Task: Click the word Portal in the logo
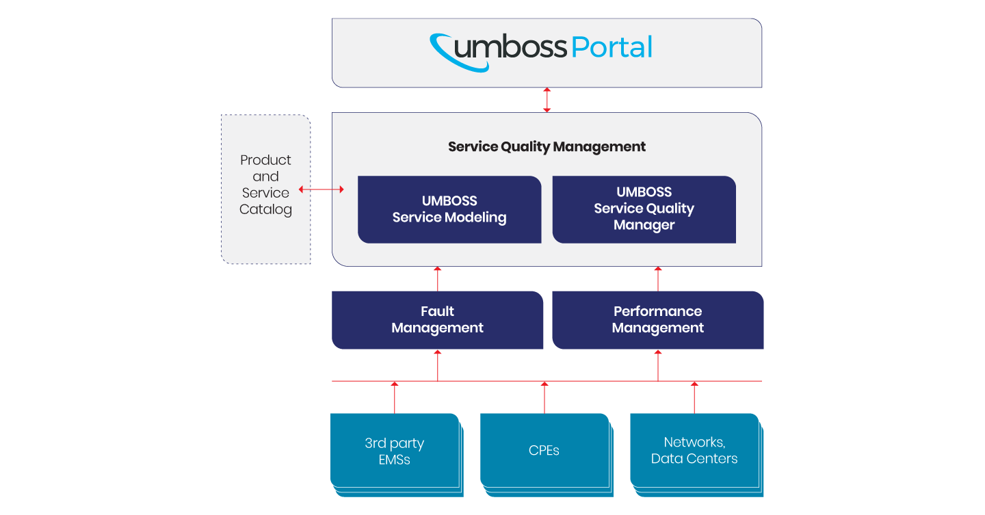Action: (612, 47)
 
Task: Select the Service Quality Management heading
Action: (547, 146)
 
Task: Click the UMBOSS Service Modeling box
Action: (449, 209)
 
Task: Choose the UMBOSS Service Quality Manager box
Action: (644, 209)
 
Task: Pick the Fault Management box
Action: (438, 319)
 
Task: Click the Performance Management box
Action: (658, 319)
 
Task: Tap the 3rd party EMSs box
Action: (397, 455)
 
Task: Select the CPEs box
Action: (547, 455)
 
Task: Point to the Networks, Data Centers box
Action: (696, 455)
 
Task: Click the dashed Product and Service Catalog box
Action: (265, 189)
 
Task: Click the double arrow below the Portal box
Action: (547, 100)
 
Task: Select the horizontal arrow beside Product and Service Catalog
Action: (321, 189)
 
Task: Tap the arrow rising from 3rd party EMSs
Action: (395, 397)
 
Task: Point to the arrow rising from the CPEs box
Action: (544, 397)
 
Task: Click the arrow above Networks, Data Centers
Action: (694, 397)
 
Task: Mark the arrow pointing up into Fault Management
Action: (438, 365)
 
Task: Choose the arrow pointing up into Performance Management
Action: (658, 365)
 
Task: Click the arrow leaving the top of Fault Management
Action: (438, 279)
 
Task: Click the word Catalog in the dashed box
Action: (265, 209)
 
